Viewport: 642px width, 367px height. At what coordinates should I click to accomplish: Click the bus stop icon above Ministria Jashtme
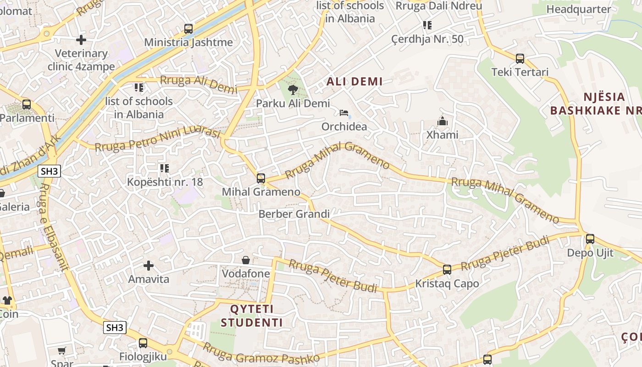[x=188, y=29]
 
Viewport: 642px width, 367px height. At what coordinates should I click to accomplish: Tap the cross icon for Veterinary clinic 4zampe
[x=81, y=40]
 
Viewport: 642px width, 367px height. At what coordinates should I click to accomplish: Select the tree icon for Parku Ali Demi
[x=292, y=90]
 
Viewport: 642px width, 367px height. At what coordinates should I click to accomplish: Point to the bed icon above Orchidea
[x=344, y=113]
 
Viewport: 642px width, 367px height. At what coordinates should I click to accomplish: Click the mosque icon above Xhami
[x=442, y=121]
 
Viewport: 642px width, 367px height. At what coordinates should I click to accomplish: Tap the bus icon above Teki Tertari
[x=520, y=59]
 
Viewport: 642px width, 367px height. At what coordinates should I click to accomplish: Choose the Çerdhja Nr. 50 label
[x=427, y=39]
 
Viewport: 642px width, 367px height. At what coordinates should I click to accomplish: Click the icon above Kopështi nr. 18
[x=164, y=168]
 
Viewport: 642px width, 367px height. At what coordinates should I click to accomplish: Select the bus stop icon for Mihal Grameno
[x=261, y=178]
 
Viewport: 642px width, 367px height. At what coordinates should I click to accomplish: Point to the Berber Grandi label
[x=294, y=214]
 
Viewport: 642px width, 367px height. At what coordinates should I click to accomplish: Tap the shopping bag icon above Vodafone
[x=246, y=260]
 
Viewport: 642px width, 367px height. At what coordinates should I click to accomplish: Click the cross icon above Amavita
[x=148, y=266]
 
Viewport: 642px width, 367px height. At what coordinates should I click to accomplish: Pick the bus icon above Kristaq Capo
[x=447, y=270]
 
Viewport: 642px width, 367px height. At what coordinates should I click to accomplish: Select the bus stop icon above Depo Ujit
[x=590, y=239]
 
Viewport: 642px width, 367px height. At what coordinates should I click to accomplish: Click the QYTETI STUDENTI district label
[x=252, y=316]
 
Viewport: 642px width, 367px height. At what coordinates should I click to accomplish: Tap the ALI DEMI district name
[x=354, y=82]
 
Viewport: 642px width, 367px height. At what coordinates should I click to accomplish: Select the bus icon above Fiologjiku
[x=143, y=343]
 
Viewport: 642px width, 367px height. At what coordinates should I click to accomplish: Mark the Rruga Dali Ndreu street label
[x=438, y=6]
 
